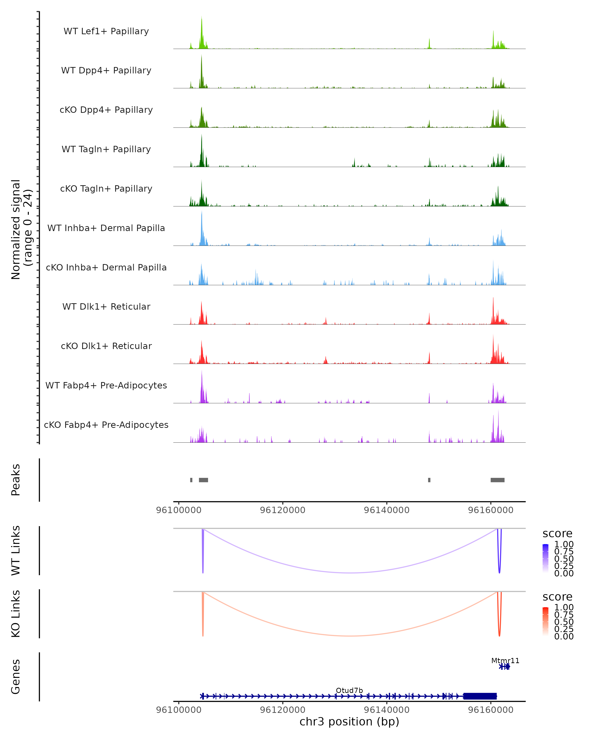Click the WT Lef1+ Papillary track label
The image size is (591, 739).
106,31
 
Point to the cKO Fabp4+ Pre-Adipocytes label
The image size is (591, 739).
106,425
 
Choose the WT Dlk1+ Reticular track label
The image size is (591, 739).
106,306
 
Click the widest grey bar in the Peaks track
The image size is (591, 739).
497,480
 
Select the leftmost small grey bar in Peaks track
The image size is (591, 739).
191,480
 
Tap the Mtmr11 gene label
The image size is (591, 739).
505,660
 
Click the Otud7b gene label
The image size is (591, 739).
349,690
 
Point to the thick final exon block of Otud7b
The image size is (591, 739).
480,696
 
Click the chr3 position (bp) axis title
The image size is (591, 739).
349,722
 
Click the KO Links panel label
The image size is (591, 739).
16,614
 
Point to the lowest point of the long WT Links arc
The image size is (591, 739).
350,573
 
